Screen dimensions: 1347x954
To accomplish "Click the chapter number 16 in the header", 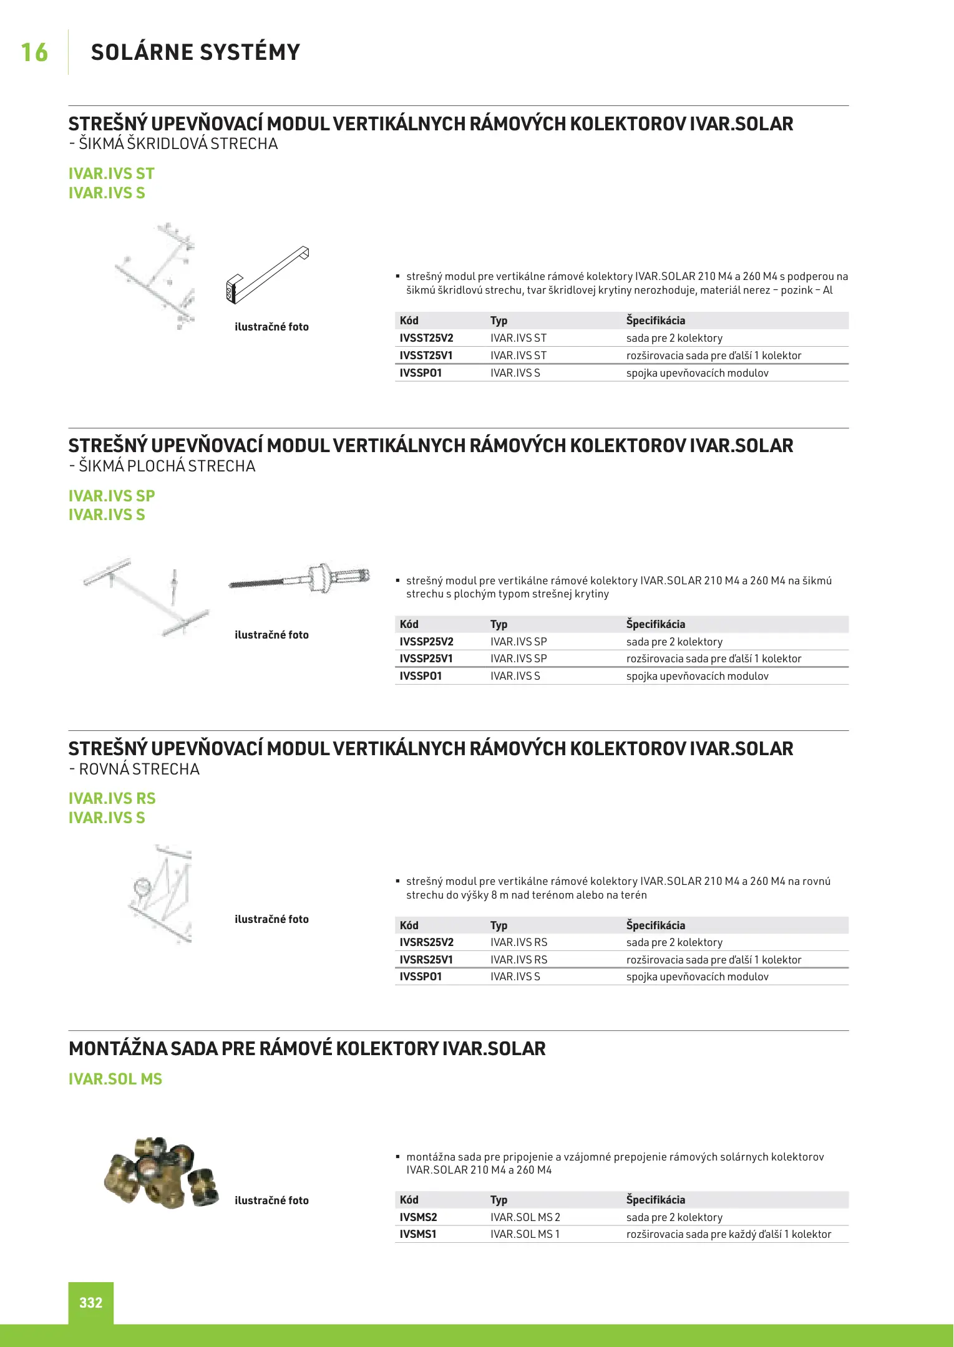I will pos(34,52).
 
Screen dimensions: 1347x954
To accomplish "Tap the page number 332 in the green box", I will pos(90,1302).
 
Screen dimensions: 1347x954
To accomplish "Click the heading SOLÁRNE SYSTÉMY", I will pos(195,52).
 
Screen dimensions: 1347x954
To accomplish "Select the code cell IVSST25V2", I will pos(426,338).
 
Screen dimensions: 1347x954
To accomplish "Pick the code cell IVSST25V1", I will pos(426,355).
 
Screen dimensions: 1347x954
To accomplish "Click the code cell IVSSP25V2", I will pos(426,642).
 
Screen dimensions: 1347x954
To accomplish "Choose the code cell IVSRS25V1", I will pos(426,960).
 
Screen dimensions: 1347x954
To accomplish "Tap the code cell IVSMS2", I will pos(418,1217).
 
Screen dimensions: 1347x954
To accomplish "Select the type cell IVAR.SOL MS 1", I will pos(525,1234).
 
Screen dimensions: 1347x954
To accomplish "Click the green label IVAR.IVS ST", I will pos(111,174).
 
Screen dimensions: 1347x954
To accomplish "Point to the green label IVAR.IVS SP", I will pos(112,496).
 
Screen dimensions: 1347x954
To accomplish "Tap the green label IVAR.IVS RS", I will pos(112,799).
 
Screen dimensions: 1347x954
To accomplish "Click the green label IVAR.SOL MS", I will pos(115,1079).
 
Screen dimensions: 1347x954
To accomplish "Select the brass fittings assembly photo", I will pos(162,1172).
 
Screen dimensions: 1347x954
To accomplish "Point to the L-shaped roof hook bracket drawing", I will pos(267,274).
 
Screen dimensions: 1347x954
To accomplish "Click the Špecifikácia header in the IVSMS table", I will pos(655,1200).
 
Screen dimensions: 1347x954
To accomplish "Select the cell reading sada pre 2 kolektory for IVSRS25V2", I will pos(674,942).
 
